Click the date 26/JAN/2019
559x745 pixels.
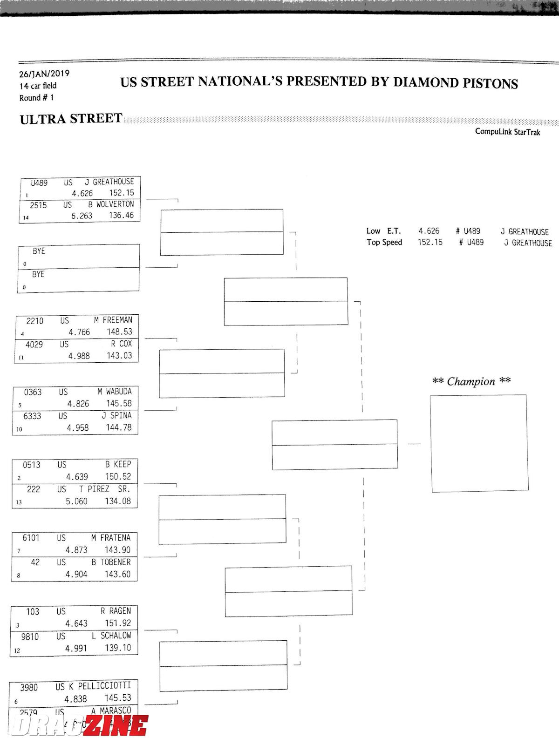click(x=44, y=74)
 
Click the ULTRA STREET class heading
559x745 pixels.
click(x=71, y=119)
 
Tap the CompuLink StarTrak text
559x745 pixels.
click(x=507, y=132)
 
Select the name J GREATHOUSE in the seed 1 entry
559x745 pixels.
click(x=109, y=182)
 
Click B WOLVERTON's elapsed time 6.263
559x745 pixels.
click(x=82, y=216)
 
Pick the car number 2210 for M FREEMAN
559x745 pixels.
click(x=35, y=321)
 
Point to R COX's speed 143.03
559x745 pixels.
click(x=119, y=356)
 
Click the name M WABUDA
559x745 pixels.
click(x=115, y=392)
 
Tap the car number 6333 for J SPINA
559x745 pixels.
click(x=32, y=416)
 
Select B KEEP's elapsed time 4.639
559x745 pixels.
click(x=77, y=477)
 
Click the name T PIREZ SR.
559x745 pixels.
click(x=104, y=489)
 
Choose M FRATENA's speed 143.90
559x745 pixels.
click(x=117, y=550)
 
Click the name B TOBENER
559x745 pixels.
click(x=111, y=562)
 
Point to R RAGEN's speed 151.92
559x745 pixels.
click(x=118, y=623)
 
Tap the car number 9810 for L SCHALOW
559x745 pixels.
click(x=30, y=637)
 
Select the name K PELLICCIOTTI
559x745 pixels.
click(x=100, y=686)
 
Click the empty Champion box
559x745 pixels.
click(x=479, y=443)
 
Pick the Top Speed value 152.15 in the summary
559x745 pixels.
click(x=430, y=242)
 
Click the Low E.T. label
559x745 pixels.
click(x=383, y=231)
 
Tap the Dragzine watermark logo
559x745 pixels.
click(x=79, y=725)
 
